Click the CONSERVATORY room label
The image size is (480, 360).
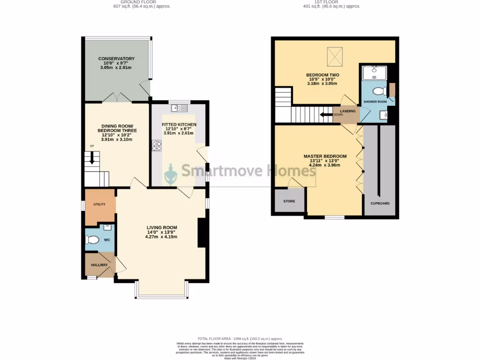coord(116,59)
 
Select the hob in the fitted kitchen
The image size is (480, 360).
coord(156,146)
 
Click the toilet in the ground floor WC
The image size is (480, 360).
coord(93,240)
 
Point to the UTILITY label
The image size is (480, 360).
coord(99,204)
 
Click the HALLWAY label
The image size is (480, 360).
coord(99,265)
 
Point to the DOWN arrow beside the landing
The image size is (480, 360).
coord(325,114)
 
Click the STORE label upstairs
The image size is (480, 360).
coord(289,201)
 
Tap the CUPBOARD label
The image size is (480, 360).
coord(380,203)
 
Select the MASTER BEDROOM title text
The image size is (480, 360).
coord(325,156)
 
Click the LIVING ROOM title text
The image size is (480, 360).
coord(161,227)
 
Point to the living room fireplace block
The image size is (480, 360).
coord(203,232)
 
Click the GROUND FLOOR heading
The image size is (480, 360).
coord(135,2)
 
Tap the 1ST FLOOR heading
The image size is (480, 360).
coord(334,2)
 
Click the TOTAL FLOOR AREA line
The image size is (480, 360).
coord(240,338)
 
